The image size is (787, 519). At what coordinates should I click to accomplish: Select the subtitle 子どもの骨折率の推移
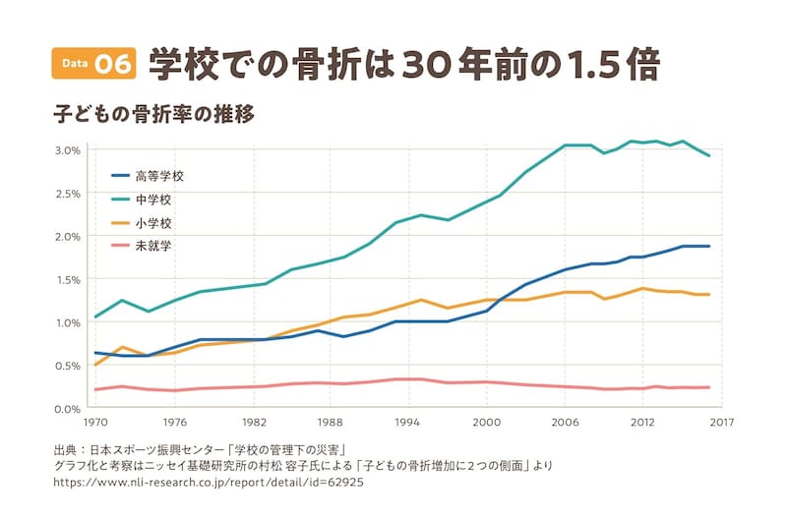[x=154, y=114]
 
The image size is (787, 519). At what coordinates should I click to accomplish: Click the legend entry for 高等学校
[x=158, y=177]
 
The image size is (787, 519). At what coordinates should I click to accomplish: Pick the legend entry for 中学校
[x=152, y=200]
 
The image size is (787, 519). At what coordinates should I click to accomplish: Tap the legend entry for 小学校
[x=152, y=223]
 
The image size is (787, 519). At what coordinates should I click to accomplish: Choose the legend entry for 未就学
[x=152, y=246]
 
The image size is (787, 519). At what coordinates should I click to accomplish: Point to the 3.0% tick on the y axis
[x=67, y=150]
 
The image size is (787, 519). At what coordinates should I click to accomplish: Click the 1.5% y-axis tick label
[x=67, y=279]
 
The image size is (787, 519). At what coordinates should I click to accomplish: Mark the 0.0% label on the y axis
[x=67, y=408]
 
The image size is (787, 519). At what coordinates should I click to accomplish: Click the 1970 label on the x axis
[x=95, y=423]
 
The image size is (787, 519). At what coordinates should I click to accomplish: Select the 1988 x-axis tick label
[x=330, y=423]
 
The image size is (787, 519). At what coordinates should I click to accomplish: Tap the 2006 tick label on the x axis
[x=565, y=423]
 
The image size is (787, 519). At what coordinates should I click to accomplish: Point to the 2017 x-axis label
[x=721, y=423]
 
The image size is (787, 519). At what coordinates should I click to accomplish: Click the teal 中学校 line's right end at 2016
[x=709, y=155]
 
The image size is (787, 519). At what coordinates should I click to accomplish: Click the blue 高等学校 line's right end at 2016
[x=709, y=246]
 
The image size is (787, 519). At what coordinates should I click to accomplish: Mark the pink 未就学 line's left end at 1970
[x=95, y=389]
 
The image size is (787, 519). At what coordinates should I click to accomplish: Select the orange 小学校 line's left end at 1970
[x=95, y=365]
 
